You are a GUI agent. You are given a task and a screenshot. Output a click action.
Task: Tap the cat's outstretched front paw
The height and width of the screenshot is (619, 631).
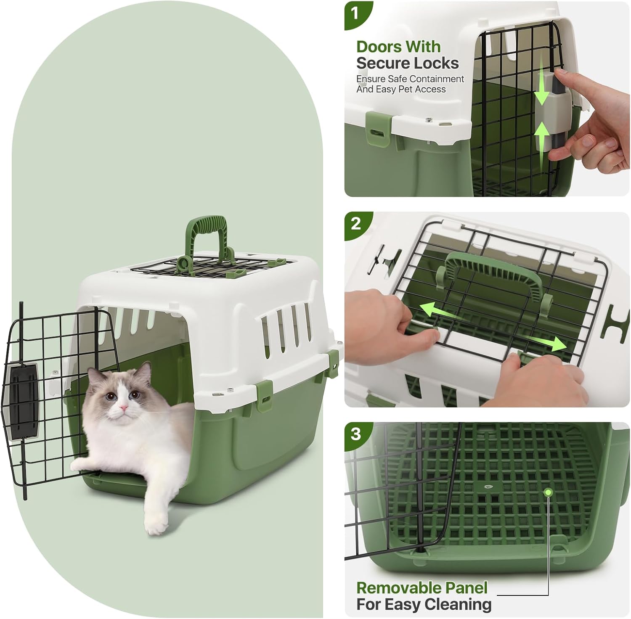click(x=156, y=525)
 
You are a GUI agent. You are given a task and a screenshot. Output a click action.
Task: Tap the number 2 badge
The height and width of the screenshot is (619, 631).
click(x=355, y=223)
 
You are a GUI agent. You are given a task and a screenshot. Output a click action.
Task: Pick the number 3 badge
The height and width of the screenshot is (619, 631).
click(x=355, y=433)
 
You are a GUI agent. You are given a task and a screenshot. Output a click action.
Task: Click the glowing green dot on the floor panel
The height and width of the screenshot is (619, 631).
click(x=548, y=492)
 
